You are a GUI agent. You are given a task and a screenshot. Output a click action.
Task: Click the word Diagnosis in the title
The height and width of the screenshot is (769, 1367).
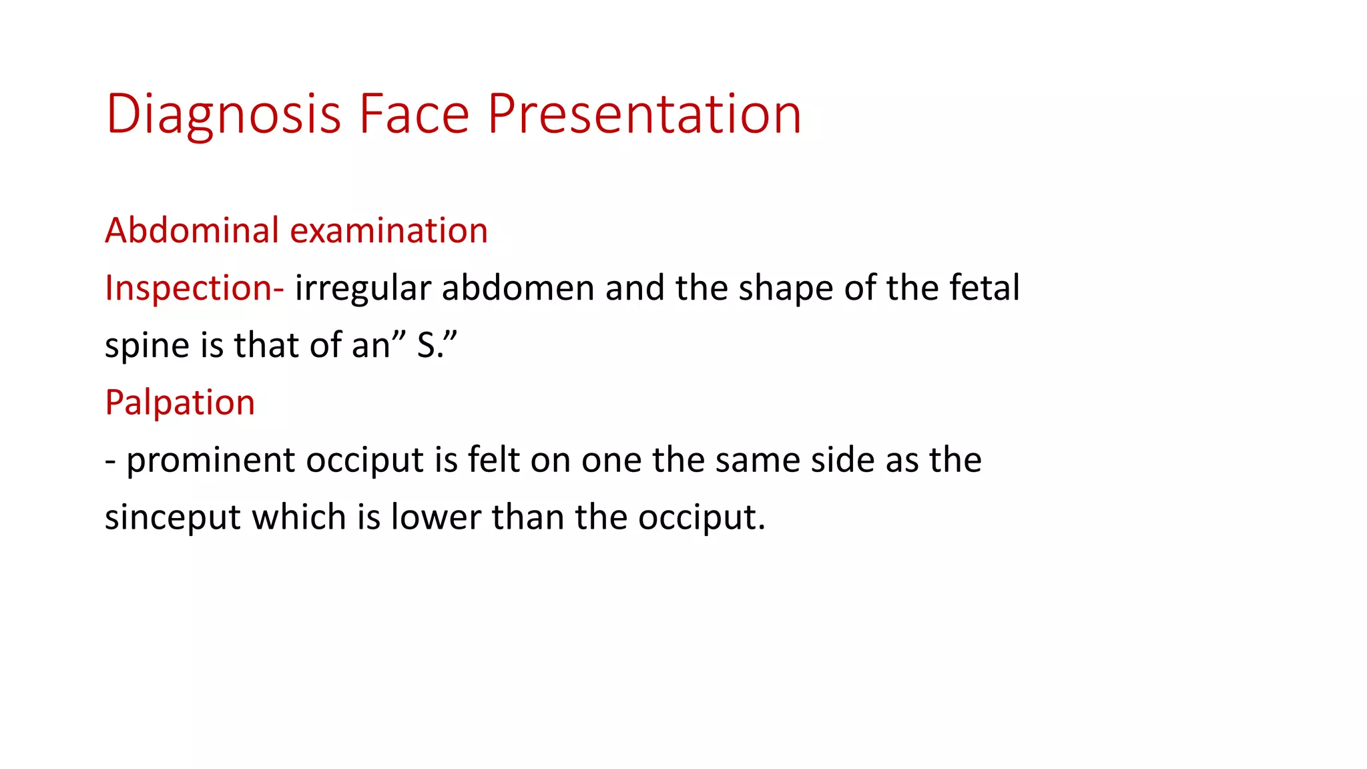(x=224, y=115)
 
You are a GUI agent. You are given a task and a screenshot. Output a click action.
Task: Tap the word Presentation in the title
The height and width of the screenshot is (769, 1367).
(x=644, y=115)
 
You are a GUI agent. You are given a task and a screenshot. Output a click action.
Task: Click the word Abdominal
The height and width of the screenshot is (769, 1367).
(x=192, y=231)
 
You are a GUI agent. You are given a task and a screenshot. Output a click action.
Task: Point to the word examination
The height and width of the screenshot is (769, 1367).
(x=389, y=231)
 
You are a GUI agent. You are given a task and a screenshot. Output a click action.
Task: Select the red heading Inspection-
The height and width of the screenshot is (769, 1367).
(x=194, y=288)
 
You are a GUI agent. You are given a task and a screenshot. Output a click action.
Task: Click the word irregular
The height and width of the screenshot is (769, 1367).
(x=363, y=288)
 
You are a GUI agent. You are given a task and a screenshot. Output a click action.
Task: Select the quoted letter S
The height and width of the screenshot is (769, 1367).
(x=427, y=346)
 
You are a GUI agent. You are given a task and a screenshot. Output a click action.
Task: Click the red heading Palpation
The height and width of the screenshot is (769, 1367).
(x=180, y=403)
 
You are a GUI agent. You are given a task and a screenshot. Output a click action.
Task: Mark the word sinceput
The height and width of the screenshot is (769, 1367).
(x=173, y=518)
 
